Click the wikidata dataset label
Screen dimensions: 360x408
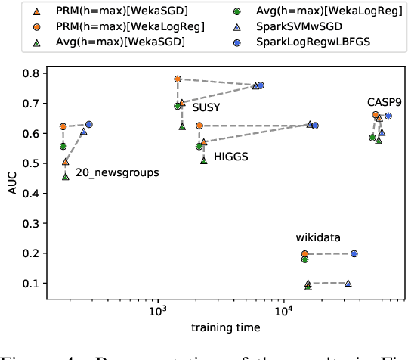click(x=317, y=237)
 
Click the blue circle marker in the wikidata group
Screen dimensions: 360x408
click(x=354, y=254)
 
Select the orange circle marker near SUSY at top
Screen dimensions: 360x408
click(x=178, y=79)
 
